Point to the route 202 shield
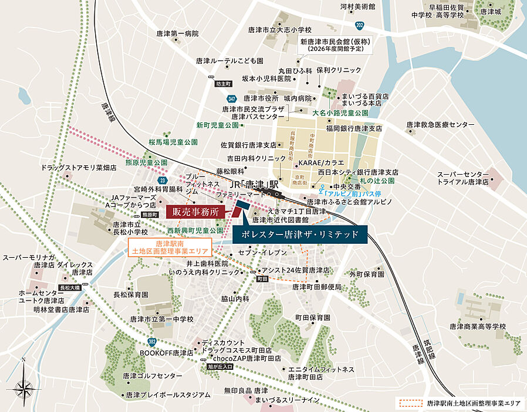click(359, 26)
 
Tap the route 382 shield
click(152, 341)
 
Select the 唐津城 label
click(491, 11)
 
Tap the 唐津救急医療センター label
click(440, 125)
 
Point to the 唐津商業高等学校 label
click(477, 326)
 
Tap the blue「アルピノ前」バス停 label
click(353, 192)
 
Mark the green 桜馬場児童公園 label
click(173, 142)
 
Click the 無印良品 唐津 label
click(245, 390)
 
